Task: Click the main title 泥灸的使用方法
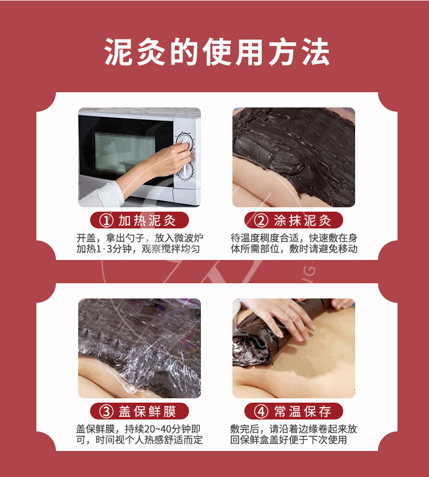coord(217,52)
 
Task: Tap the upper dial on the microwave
coord(185,142)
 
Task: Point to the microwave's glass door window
coord(124,152)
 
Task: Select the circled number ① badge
coord(106,220)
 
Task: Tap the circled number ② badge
coord(261,220)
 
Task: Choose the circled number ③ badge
coord(106,411)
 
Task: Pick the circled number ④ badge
coord(261,411)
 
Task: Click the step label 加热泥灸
coord(147,220)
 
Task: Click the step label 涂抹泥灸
coord(302,220)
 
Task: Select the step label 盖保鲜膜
coord(147,411)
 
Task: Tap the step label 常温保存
coord(302,411)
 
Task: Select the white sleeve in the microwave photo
coord(100,195)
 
